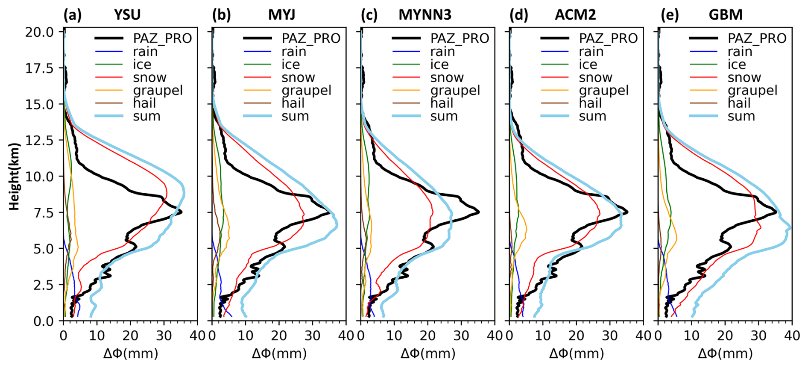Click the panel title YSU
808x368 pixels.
pyautogui.click(x=127, y=15)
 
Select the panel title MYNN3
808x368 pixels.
pyautogui.click(x=424, y=15)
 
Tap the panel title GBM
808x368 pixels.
pyautogui.click(x=726, y=15)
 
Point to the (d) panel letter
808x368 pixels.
pyautogui.click(x=519, y=15)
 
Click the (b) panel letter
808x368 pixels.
pyautogui.click(x=222, y=15)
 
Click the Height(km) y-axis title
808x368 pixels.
pyautogui.click(x=15, y=177)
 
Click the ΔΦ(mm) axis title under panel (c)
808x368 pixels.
pyautogui.click(x=428, y=353)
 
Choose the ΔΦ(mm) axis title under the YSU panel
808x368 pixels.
pyautogui.click(x=131, y=353)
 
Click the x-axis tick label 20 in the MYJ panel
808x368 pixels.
pyautogui.click(x=279, y=336)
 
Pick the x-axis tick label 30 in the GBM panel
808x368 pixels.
pyautogui.click(x=758, y=336)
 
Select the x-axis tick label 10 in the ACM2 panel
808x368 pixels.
pyautogui.click(x=543, y=336)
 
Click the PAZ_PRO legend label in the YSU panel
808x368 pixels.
pyautogui.click(x=162, y=38)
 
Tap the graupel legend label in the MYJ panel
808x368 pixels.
pyautogui.click(x=306, y=90)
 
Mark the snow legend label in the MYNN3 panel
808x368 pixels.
pyautogui.click(x=447, y=77)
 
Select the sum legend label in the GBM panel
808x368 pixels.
pyautogui.click(x=741, y=116)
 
